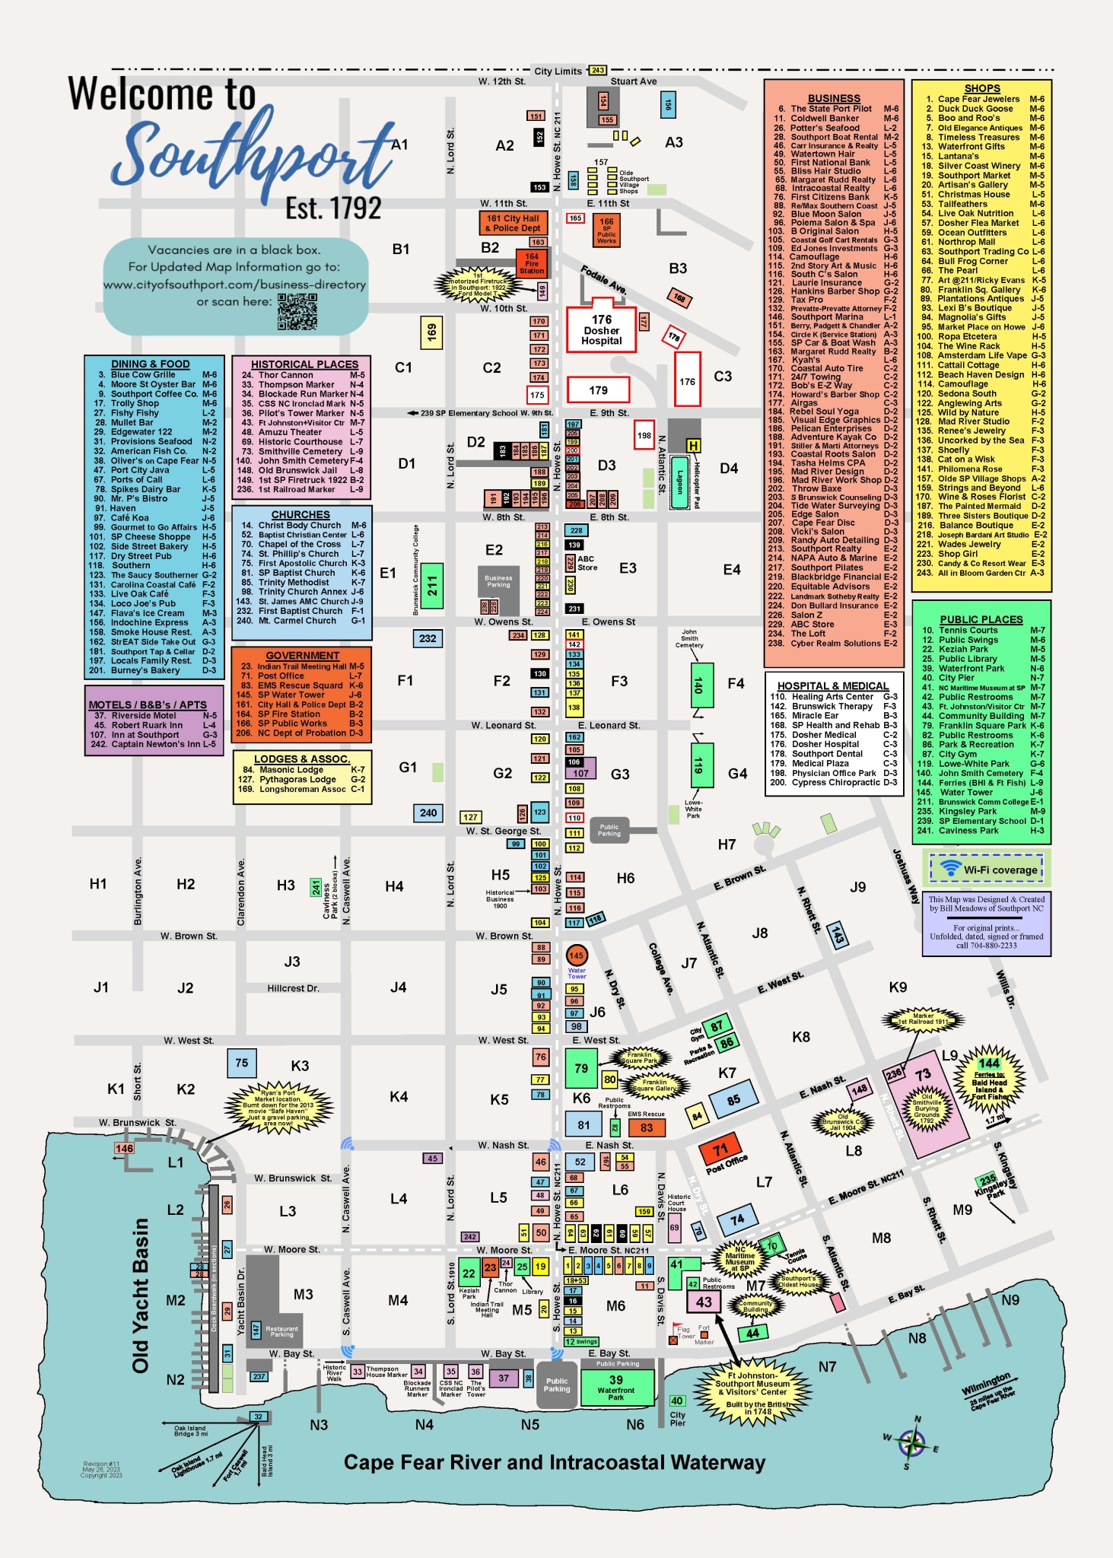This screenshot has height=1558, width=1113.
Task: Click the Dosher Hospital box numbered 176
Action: pyautogui.click(x=601, y=330)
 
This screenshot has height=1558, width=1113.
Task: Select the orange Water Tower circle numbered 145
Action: pyautogui.click(x=577, y=955)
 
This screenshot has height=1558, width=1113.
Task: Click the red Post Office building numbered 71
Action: pyautogui.click(x=720, y=1149)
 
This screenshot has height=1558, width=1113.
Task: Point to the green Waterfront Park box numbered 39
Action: pyautogui.click(x=616, y=1385)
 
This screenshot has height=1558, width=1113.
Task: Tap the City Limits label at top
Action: pyautogui.click(x=558, y=72)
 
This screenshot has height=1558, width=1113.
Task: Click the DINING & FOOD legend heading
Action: pyautogui.click(x=150, y=364)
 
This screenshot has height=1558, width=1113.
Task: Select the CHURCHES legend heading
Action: pyautogui.click(x=301, y=515)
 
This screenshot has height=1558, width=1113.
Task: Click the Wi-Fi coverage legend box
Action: pyautogui.click(x=987, y=869)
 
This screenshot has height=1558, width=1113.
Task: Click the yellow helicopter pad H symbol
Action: pyautogui.click(x=693, y=446)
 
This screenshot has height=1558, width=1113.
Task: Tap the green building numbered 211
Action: pyautogui.click(x=432, y=586)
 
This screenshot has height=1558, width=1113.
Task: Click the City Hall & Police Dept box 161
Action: pyautogui.click(x=513, y=223)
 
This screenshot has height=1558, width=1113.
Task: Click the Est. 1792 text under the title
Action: pyautogui.click(x=333, y=208)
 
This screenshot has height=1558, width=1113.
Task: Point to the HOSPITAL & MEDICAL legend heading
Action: pyautogui.click(x=833, y=685)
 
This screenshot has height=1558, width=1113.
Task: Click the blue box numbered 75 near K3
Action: pyautogui.click(x=242, y=1063)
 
